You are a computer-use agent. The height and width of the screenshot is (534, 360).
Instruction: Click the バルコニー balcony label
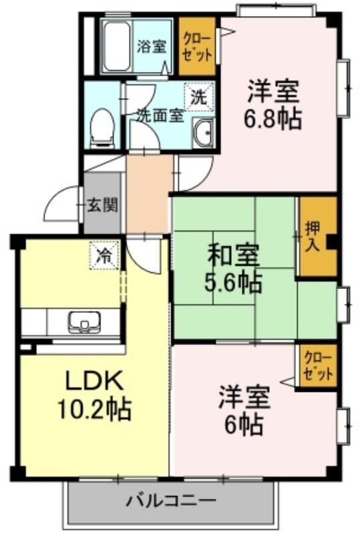click(172, 501)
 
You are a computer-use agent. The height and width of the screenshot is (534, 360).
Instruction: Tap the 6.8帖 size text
click(273, 118)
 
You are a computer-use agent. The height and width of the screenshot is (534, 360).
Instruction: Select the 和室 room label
click(234, 256)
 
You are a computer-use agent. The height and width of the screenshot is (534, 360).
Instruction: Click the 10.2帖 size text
click(94, 410)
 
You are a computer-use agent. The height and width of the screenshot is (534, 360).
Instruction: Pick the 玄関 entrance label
click(102, 206)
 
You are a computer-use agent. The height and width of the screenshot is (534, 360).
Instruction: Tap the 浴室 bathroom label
click(152, 46)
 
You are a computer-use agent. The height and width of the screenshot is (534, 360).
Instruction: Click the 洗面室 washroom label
click(160, 115)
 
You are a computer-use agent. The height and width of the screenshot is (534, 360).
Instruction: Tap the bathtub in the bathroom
click(117, 46)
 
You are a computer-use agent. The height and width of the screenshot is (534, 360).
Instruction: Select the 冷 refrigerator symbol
click(105, 255)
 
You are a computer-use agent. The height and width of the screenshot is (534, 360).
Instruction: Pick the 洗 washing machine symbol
click(199, 97)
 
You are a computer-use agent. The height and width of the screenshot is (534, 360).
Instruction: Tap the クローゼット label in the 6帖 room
click(318, 366)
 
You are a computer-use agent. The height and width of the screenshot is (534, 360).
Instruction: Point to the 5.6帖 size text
click(234, 282)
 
